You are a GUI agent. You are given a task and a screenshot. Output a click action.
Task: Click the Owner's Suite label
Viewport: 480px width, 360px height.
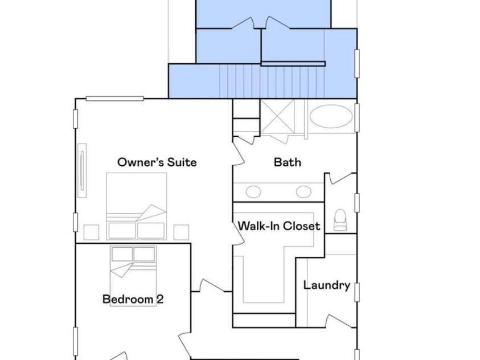[x=157, y=162]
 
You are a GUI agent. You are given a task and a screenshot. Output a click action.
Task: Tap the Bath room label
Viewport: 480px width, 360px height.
[x=287, y=162]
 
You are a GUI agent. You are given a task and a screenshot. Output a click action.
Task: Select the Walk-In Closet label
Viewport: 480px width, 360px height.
[x=279, y=226]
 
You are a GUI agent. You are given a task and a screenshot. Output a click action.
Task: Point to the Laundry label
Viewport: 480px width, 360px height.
[x=327, y=285]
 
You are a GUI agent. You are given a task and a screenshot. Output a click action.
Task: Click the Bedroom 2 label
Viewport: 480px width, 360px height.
[x=133, y=299]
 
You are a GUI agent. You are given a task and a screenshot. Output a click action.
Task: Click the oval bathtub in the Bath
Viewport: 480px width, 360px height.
[x=331, y=117]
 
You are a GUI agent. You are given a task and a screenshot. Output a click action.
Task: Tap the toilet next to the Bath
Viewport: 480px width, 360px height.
[x=340, y=219]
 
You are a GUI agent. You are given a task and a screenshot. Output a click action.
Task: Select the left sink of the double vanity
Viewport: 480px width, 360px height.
[x=253, y=192]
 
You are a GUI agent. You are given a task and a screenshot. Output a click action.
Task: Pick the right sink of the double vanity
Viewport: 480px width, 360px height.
[x=303, y=192]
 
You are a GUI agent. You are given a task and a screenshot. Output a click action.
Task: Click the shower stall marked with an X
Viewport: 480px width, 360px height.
[x=277, y=116]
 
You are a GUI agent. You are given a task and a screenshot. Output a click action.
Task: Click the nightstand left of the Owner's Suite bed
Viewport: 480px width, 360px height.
[x=91, y=232]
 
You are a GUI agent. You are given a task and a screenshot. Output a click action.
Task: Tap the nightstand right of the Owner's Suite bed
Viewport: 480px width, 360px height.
[x=181, y=232]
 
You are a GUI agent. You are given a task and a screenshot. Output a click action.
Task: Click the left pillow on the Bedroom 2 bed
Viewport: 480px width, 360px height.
[x=122, y=254]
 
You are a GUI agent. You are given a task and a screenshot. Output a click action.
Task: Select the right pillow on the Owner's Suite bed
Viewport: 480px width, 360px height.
[x=151, y=231]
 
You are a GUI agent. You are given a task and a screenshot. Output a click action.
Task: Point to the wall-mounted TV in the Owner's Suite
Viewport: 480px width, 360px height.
[x=82, y=170]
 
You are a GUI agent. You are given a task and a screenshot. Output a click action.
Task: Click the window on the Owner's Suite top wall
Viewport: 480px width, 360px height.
[x=115, y=99]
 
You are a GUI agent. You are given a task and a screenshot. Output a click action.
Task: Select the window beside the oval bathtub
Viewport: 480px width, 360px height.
[x=357, y=118]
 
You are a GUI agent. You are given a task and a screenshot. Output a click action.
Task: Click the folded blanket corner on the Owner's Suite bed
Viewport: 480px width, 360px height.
[x=151, y=212]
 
